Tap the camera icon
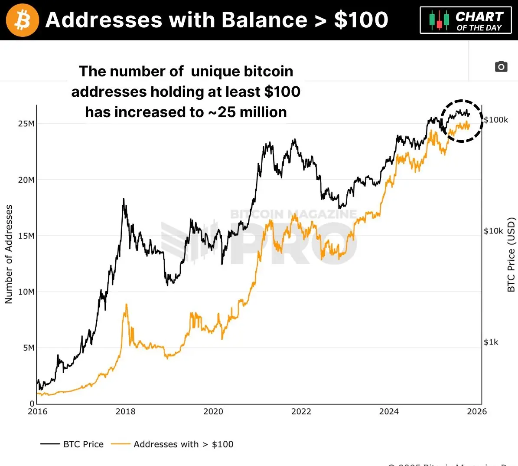click(501, 66)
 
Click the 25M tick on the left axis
click(26, 124)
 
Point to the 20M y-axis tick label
click(26, 180)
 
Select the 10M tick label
click(26, 292)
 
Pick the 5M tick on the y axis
click(28, 348)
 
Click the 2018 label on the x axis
click(125, 411)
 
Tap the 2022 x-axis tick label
click(301, 411)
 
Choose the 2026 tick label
click(477, 411)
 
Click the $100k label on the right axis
click(496, 120)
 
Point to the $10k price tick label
click(493, 231)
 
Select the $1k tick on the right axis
click(491, 342)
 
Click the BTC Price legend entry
click(72, 444)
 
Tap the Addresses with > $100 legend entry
click(173, 444)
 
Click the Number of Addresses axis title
click(9, 254)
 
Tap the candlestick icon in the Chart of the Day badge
click(439, 20)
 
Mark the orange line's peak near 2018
click(126, 305)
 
